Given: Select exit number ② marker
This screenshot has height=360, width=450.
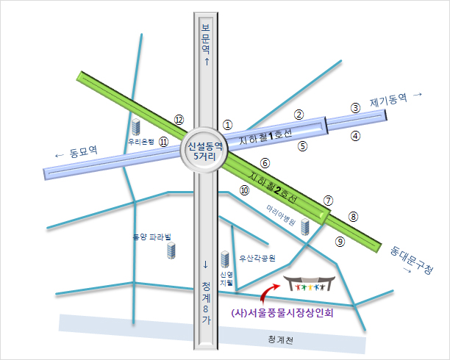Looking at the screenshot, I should click(299, 115).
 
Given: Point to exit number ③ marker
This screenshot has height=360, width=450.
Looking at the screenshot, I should click(355, 107).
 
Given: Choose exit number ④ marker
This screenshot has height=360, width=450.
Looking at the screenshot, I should click(355, 136).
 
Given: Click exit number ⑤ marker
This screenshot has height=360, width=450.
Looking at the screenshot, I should click(302, 145).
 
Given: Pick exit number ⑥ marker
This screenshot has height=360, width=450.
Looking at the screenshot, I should click(265, 162).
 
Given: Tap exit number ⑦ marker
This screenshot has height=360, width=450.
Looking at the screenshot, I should click(329, 200).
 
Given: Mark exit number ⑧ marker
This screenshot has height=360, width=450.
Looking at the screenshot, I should click(353, 217).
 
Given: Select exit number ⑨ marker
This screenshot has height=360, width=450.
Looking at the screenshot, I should click(340, 240).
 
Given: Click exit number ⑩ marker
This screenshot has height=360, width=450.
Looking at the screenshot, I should click(245, 190).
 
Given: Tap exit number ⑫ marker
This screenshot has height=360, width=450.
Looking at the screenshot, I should click(178, 119).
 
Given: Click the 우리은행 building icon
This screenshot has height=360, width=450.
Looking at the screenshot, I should click(136, 126).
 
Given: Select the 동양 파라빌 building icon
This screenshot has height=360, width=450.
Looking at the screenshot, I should click(171, 251).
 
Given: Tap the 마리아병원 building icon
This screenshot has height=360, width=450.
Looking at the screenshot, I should click(305, 227).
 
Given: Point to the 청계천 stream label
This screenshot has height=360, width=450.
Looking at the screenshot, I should click(279, 340).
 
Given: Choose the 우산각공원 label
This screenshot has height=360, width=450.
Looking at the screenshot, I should click(258, 259).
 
